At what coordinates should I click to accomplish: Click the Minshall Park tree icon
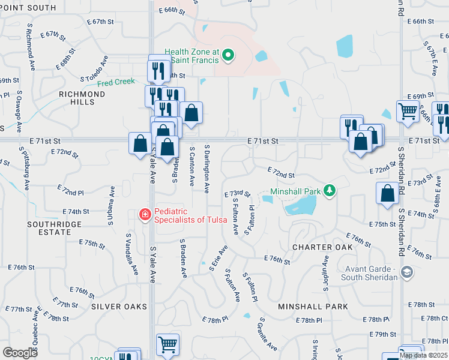point(328,191)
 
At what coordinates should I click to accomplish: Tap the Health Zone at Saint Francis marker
point(228,56)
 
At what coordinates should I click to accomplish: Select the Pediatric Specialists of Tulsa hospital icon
point(144,214)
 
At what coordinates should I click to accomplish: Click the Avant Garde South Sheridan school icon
point(407,273)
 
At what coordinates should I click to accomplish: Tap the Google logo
point(20,353)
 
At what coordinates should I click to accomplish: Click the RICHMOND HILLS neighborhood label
point(82,98)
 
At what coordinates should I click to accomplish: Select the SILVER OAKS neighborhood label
point(119,307)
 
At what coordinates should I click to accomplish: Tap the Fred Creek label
point(116,82)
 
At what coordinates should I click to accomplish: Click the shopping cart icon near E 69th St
point(407,111)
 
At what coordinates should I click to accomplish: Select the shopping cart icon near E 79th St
point(167,344)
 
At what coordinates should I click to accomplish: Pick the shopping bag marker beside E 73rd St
point(387,193)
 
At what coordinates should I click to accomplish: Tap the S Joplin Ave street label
point(326,273)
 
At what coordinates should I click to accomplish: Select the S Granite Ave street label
point(268,334)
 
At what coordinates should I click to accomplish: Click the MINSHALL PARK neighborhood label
point(313,307)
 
